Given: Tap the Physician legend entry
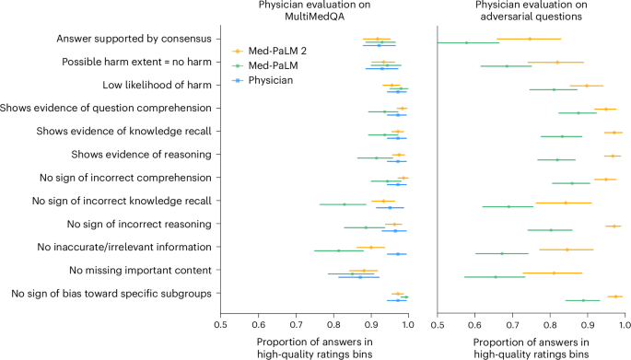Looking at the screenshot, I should click(268, 81).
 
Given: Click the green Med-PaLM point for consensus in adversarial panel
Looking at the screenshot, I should click(467, 42).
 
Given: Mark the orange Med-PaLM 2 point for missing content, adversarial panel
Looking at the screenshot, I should click(554, 273).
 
